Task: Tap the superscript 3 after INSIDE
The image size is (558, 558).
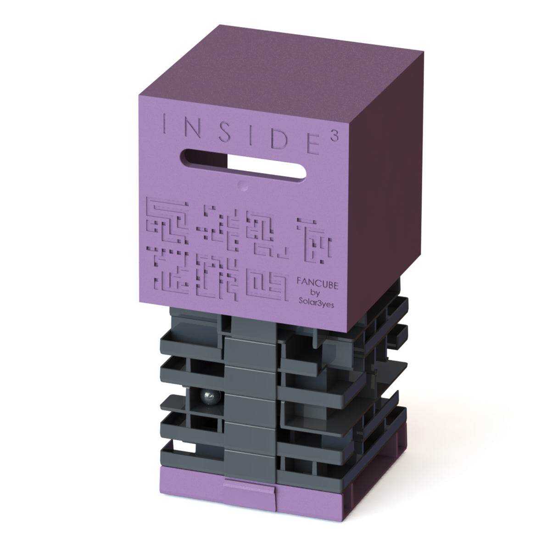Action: (335, 137)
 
